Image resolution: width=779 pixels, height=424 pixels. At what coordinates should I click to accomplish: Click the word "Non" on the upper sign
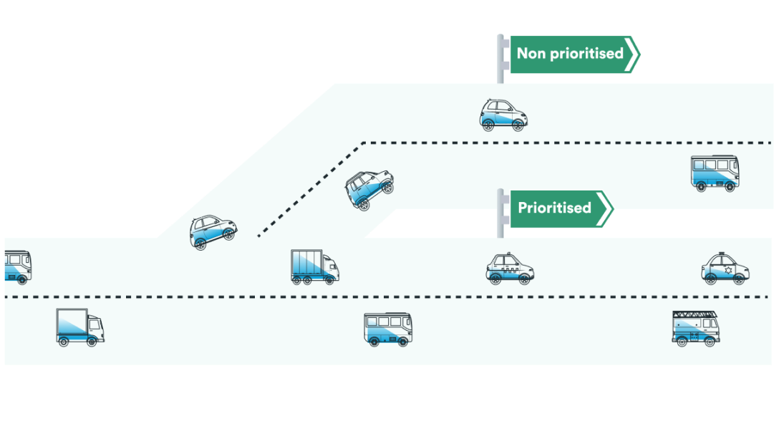531,54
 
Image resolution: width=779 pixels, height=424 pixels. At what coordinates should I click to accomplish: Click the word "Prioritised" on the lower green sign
554,208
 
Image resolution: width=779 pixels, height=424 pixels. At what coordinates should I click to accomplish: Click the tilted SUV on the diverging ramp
369,188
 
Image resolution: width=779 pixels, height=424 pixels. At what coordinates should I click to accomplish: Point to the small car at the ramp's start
213,232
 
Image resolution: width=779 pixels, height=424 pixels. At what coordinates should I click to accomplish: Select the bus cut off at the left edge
16,266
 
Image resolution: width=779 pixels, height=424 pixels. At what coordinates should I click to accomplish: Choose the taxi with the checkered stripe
510,269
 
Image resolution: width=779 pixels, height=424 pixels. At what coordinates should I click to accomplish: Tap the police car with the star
725,269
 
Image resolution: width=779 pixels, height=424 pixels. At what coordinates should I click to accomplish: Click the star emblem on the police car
727,271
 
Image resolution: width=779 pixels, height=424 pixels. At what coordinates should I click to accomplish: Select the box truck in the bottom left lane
79,328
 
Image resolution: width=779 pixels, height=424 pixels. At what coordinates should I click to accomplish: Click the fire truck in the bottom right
695,329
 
